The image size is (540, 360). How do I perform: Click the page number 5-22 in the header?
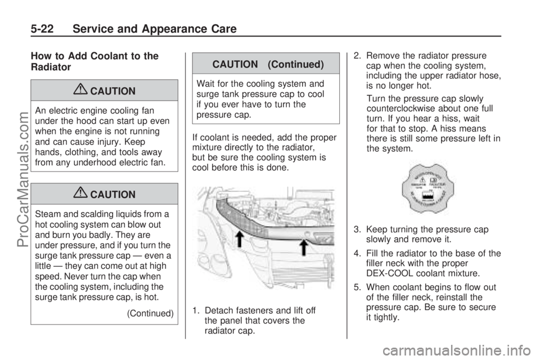(x=26, y=28)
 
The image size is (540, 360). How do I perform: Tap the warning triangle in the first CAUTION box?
(x=84, y=91)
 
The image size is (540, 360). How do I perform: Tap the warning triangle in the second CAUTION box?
(x=84, y=194)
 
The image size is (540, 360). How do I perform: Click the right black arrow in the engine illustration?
(x=304, y=247)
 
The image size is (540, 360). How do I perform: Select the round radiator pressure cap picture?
(x=427, y=188)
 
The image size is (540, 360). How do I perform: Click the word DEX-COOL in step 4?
(x=388, y=273)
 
